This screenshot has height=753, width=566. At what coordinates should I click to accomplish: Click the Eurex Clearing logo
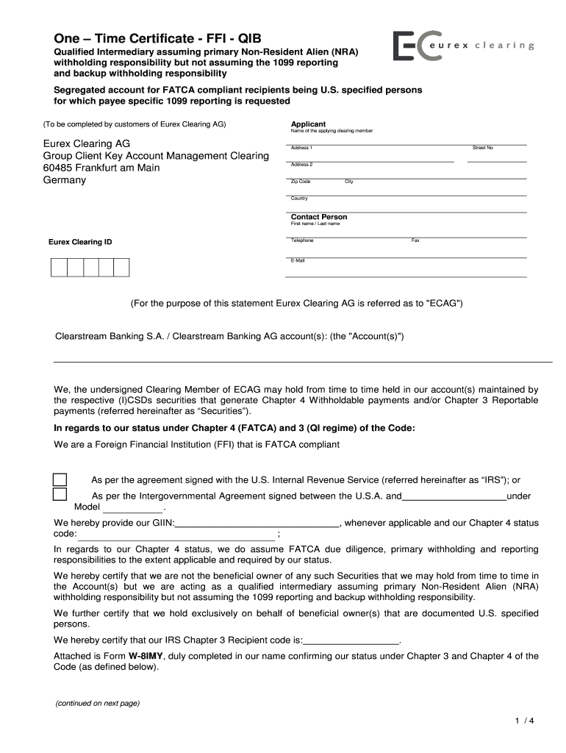(463, 46)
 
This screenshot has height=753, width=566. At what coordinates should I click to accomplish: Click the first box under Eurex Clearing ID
(59, 268)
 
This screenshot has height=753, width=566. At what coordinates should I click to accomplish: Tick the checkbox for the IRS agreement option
(60, 479)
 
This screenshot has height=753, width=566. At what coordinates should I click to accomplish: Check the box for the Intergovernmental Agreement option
(60, 494)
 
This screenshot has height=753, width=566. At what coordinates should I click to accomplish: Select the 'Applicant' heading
(308, 124)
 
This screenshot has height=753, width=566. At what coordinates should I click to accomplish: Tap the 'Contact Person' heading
(319, 217)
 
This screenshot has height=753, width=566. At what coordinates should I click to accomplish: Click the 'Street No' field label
(482, 148)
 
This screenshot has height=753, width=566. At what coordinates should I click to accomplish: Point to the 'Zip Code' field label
(301, 181)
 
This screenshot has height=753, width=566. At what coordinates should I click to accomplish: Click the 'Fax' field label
(415, 240)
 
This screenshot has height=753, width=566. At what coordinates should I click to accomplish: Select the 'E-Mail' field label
(298, 260)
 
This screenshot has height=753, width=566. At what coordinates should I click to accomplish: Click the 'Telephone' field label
(302, 240)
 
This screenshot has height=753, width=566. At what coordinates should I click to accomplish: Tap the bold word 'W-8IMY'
(146, 656)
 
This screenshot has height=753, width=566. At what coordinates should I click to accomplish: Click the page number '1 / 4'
(523, 721)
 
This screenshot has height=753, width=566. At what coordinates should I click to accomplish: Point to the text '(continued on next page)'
(97, 703)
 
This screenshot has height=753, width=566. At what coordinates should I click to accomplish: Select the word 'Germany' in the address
(64, 179)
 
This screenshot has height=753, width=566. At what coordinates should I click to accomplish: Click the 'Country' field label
(299, 199)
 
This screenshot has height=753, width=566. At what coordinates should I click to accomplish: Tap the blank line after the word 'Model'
(132, 508)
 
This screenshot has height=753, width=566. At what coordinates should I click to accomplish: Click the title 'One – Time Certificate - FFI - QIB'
(156, 38)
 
